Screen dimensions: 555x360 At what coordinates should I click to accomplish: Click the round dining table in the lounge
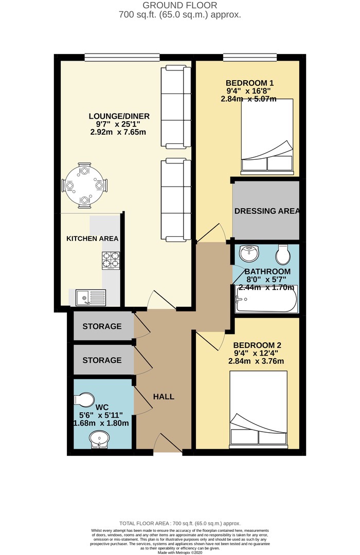click(84, 185)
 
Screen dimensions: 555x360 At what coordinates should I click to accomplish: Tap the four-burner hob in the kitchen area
click(111, 261)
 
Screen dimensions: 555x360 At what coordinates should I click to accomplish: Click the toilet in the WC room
click(84, 400)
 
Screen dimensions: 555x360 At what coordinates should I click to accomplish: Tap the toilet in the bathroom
click(283, 254)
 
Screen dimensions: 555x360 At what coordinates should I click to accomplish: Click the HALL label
click(164, 397)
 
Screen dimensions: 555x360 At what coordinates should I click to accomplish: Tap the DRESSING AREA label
click(267, 211)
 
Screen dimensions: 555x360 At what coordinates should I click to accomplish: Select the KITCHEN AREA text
click(92, 238)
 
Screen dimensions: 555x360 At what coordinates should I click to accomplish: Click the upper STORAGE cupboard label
click(102, 326)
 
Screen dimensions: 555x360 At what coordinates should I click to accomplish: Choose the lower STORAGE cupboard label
click(102, 360)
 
